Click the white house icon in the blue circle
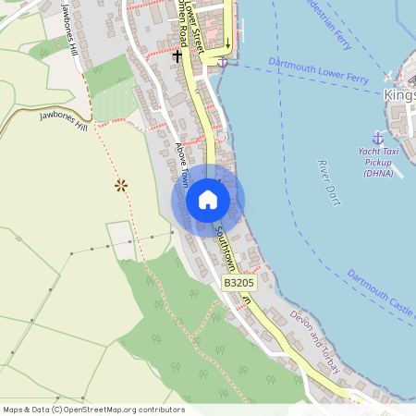pos(208,199)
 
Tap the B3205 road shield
pos(239,283)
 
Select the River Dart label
pos(328,180)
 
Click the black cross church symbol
pos(177,56)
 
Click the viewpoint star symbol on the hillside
pos(120,185)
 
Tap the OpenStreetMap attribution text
pos(93,410)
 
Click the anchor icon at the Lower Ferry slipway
pos(222,62)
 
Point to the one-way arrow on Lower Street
pos(227,40)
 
